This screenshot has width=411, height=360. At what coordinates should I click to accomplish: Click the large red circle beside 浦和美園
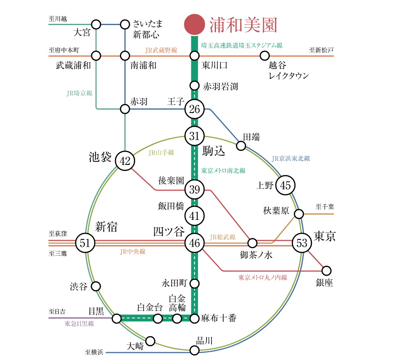tap(194, 25)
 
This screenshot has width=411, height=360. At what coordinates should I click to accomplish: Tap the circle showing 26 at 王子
tap(194, 109)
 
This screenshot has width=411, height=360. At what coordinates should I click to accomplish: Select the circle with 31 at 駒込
tap(194, 136)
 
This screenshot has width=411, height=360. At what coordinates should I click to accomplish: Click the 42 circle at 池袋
tap(125, 161)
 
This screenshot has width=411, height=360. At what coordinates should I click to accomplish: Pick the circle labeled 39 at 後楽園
tap(194, 189)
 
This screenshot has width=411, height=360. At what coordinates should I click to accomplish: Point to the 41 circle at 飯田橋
tap(194, 215)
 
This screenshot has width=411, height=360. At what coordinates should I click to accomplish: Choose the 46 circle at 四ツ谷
tap(194, 243)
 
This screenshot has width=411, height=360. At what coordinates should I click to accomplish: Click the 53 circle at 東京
tap(302, 243)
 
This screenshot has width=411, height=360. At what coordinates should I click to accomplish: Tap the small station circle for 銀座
tap(326, 270)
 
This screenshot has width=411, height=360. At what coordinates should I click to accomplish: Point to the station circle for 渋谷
tap(96, 286)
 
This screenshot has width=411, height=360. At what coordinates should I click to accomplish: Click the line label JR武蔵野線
tap(161, 50)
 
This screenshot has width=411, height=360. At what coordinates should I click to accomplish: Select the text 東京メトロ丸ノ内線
tap(263, 278)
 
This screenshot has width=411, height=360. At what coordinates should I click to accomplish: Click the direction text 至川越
tap(57, 19)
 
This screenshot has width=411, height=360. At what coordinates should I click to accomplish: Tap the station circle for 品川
tap(195, 350)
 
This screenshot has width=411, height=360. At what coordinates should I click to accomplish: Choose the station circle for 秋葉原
tap(299, 214)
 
